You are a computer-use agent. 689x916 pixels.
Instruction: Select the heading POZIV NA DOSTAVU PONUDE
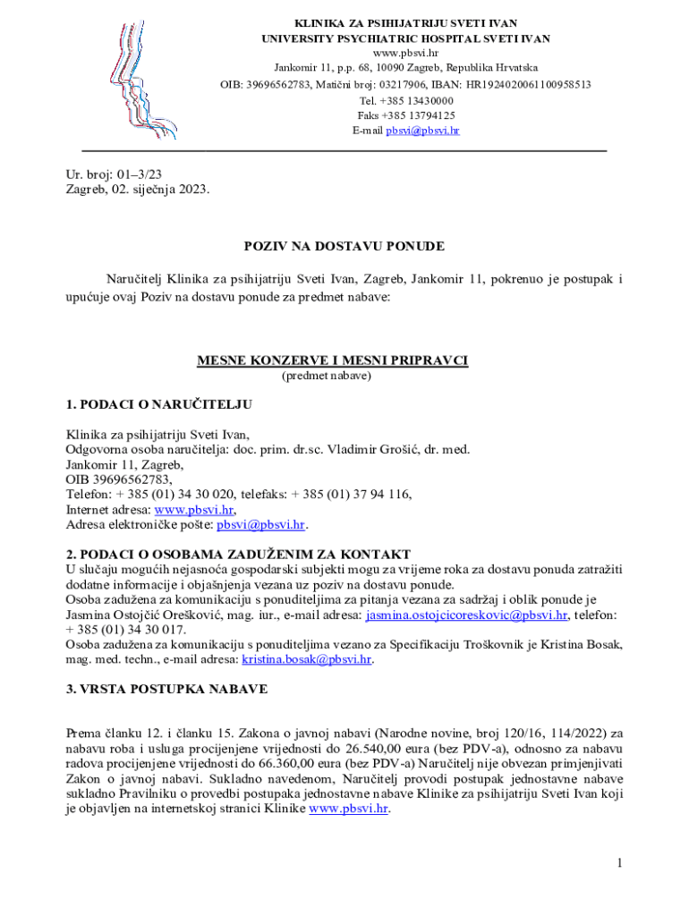point(344,246)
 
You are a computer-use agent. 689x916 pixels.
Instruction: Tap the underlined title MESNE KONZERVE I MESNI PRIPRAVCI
point(332,360)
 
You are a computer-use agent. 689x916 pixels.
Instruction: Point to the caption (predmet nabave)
point(327,376)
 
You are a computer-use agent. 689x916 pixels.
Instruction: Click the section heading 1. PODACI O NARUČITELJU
point(159,404)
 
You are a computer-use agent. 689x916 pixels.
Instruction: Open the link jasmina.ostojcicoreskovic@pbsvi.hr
point(467,615)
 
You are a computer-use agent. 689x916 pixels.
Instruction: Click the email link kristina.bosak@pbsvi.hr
point(306,659)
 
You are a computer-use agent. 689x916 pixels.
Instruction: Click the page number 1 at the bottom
point(618,862)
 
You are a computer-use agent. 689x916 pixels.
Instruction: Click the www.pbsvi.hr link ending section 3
point(348,809)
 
